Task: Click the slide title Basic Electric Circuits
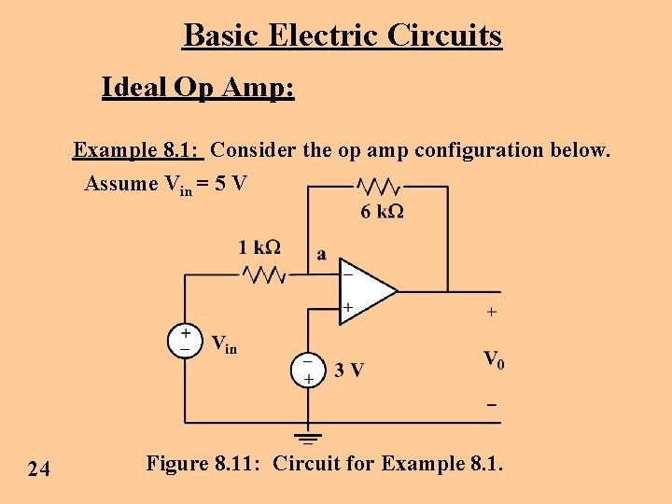point(343,35)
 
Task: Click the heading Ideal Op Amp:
point(198,88)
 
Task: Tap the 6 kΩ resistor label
point(382,212)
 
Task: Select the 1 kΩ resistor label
point(259,247)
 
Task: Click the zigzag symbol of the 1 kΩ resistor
point(264,274)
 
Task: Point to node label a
point(321,253)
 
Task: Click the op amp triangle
point(364,291)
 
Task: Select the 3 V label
point(350,371)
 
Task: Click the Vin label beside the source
point(224,344)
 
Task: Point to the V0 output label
point(494,359)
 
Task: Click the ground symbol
point(307,435)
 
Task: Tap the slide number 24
point(39,469)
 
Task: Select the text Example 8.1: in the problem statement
point(138,150)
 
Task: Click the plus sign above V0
point(492,311)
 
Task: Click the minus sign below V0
point(491,406)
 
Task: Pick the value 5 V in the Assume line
point(230,183)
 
